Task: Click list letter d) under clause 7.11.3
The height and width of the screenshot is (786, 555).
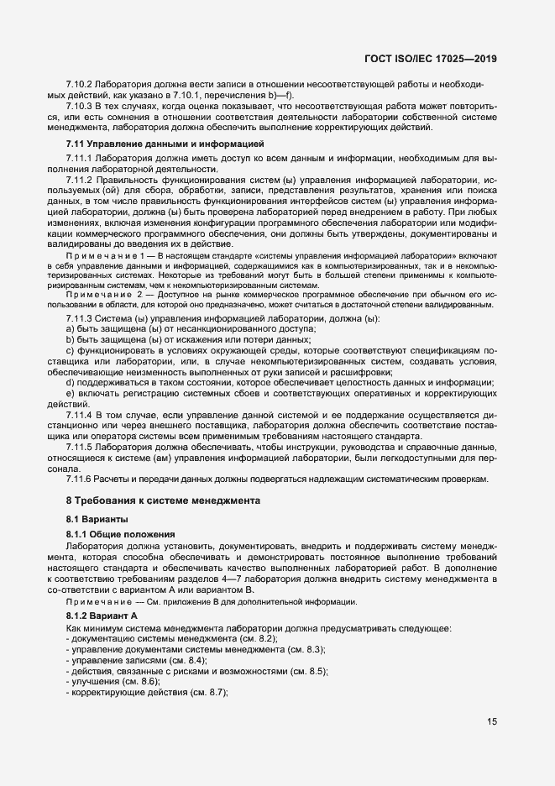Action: pos(71,384)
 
